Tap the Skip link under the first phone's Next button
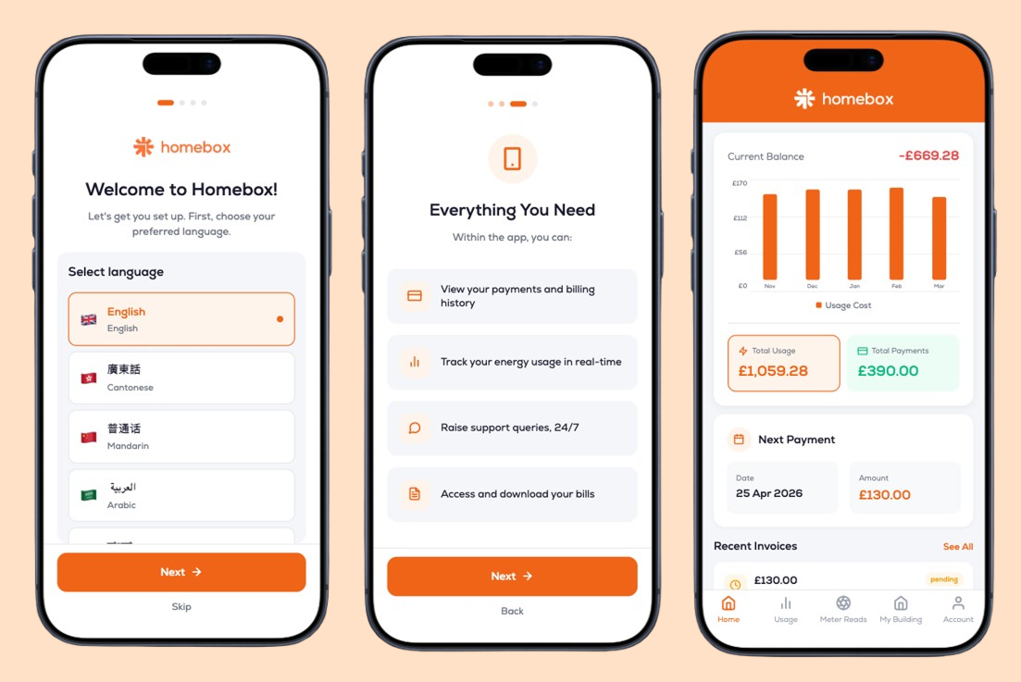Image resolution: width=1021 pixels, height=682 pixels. (x=181, y=606)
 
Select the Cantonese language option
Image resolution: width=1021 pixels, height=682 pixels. (x=181, y=378)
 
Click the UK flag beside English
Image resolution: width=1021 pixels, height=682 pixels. (x=89, y=319)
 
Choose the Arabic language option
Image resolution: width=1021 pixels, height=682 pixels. (x=181, y=495)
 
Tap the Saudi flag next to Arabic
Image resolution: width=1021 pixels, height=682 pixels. (x=89, y=495)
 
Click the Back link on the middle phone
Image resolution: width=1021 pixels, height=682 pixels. (x=512, y=611)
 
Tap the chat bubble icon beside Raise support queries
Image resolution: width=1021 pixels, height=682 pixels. (x=415, y=428)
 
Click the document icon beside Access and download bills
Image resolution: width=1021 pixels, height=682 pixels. (x=415, y=494)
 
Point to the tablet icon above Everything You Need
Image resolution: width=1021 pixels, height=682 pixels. (x=513, y=159)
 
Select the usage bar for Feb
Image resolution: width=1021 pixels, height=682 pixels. (x=897, y=233)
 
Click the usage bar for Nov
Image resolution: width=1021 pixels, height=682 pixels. (x=769, y=237)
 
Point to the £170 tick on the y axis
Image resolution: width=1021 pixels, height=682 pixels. (x=740, y=183)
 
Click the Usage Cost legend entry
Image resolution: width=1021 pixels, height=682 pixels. (x=843, y=305)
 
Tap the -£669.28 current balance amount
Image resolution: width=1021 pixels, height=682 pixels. (x=928, y=155)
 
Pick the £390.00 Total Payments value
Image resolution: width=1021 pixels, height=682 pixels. (x=888, y=371)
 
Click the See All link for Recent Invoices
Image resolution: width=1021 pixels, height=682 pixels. (x=958, y=547)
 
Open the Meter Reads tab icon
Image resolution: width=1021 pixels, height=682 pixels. (x=843, y=602)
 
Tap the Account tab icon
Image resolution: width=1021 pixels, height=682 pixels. (x=958, y=602)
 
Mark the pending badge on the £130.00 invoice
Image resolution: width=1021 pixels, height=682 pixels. (x=943, y=579)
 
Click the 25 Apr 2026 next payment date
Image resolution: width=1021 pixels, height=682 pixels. (x=769, y=493)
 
